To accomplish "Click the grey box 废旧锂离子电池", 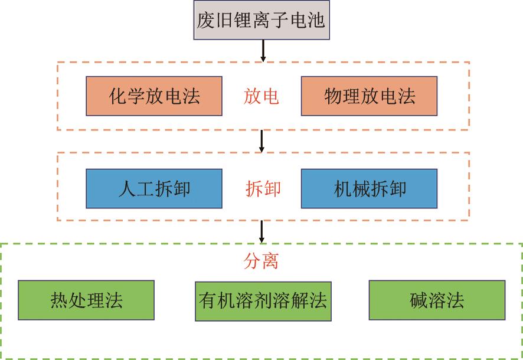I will (x=261, y=21).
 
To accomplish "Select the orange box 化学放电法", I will (x=154, y=96).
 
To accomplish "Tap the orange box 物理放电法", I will (x=369, y=96).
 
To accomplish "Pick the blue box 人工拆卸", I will (x=154, y=189).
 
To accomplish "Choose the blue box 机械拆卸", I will (x=369, y=189).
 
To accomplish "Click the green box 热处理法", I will (x=86, y=300).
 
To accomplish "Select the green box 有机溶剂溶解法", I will (x=263, y=300).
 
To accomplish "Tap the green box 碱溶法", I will (x=437, y=300).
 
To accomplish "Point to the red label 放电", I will (x=261, y=96).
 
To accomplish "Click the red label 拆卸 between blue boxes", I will (x=263, y=189).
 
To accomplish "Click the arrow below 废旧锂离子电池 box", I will (x=263, y=51).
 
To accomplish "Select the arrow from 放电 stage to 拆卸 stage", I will (x=262, y=140).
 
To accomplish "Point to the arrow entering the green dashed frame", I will (x=262, y=231).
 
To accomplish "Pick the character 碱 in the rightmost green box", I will (x=419, y=300).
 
